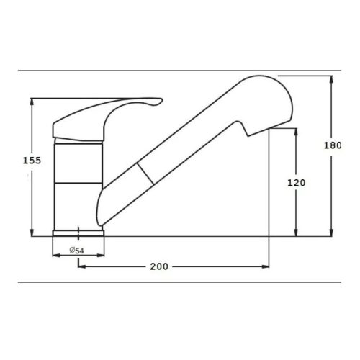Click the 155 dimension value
click(x=32, y=161)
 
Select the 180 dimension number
click(x=333, y=145)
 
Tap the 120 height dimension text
click(x=297, y=183)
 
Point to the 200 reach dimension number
click(x=159, y=266)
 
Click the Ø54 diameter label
click(x=77, y=251)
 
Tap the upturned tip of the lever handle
click(x=161, y=100)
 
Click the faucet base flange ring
click(x=78, y=233)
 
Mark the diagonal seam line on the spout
click(x=145, y=174)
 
